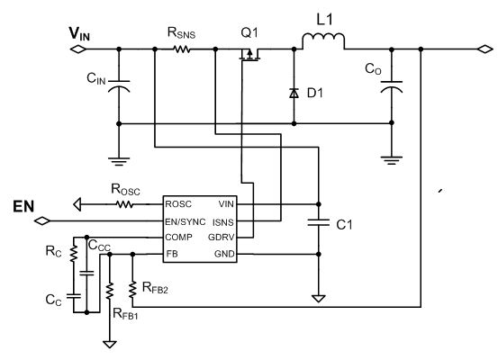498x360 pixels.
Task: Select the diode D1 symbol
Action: point(294,93)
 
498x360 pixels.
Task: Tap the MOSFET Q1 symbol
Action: point(249,54)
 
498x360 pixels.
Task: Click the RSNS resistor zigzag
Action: point(182,49)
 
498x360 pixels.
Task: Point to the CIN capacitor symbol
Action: point(119,86)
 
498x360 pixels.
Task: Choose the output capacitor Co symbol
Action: point(392,86)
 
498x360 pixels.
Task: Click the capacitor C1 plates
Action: point(319,222)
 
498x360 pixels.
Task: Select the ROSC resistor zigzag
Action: point(125,204)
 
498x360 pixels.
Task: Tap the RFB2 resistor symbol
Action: point(132,289)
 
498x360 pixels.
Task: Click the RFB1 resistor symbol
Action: point(110,291)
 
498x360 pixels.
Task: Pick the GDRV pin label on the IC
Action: point(221,237)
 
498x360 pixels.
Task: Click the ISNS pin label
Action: point(223,222)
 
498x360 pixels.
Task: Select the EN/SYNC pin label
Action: point(186,221)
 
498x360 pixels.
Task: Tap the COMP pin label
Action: point(179,237)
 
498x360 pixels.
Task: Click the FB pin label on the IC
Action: point(172,254)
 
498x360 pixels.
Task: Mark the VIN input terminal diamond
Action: point(77,49)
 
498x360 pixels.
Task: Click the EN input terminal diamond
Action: point(42,221)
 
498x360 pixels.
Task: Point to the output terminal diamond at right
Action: point(485,49)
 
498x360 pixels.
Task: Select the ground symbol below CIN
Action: point(119,162)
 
